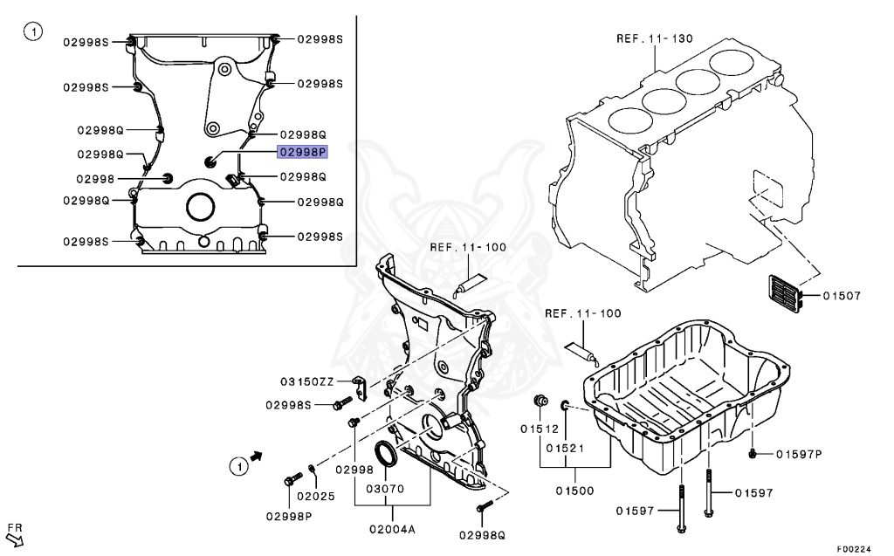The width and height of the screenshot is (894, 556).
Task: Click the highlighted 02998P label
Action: click(x=302, y=152)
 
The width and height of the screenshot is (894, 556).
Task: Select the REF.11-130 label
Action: click(x=654, y=38)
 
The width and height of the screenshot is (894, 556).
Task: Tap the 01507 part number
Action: click(x=842, y=296)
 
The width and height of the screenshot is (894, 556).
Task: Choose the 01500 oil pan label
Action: click(x=574, y=491)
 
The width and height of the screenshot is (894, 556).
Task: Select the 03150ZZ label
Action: click(x=306, y=381)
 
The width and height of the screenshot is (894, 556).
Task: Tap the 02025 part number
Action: click(x=315, y=496)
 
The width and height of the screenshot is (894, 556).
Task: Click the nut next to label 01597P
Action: click(x=753, y=454)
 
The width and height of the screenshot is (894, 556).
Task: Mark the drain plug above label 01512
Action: click(x=540, y=402)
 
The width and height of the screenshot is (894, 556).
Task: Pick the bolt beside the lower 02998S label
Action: click(x=342, y=403)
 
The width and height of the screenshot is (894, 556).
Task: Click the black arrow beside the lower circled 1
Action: click(x=257, y=456)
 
